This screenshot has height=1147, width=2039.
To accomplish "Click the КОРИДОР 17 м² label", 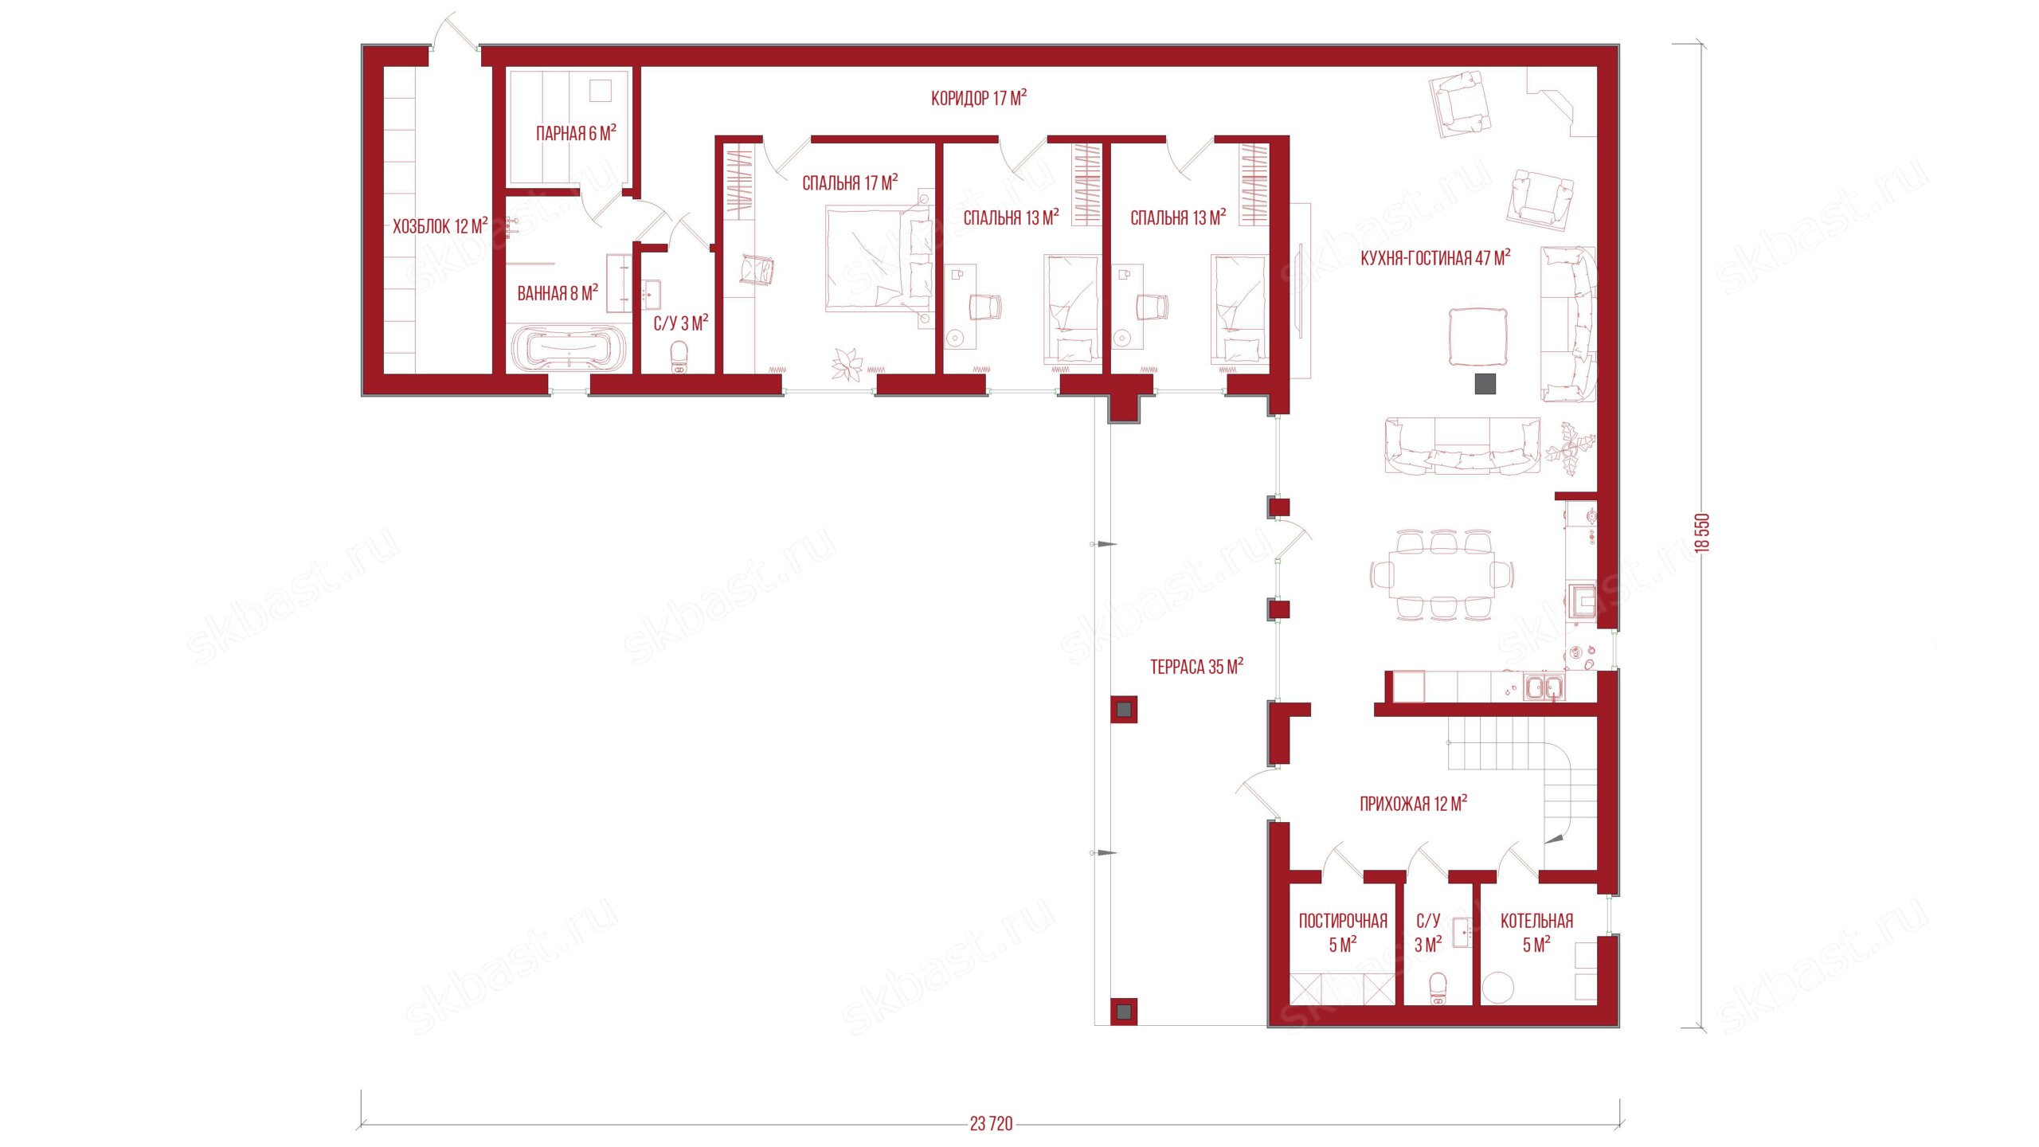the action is (x=978, y=98).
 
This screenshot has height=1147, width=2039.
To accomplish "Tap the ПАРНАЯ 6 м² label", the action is (x=576, y=133).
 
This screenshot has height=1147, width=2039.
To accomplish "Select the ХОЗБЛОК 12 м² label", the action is (x=440, y=226).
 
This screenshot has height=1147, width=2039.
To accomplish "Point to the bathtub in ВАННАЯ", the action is (x=568, y=349).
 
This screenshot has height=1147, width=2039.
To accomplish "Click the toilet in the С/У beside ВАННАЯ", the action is (x=679, y=357).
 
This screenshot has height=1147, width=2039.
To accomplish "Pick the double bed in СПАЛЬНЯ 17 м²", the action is (x=878, y=258).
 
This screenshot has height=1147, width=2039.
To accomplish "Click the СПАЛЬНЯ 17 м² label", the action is (x=850, y=183).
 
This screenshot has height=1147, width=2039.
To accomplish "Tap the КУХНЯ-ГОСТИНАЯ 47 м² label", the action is (x=1435, y=258).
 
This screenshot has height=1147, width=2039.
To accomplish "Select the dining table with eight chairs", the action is (x=1442, y=573).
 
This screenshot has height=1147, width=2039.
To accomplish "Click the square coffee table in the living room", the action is (x=1477, y=337).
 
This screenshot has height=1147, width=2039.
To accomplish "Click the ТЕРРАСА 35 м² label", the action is (x=1196, y=667).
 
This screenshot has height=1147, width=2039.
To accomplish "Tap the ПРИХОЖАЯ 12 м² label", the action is (x=1413, y=804).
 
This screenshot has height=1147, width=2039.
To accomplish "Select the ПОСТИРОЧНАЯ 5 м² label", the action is (x=1343, y=933).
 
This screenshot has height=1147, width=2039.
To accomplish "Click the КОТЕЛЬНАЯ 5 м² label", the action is (x=1536, y=933).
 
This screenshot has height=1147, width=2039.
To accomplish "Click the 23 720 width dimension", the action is (x=991, y=1124).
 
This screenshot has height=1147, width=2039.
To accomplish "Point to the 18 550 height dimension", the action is (x=1701, y=533).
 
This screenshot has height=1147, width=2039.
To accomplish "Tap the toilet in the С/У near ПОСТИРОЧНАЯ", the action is (x=1438, y=988).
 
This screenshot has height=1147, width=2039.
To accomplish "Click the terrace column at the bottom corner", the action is (x=1123, y=1012).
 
